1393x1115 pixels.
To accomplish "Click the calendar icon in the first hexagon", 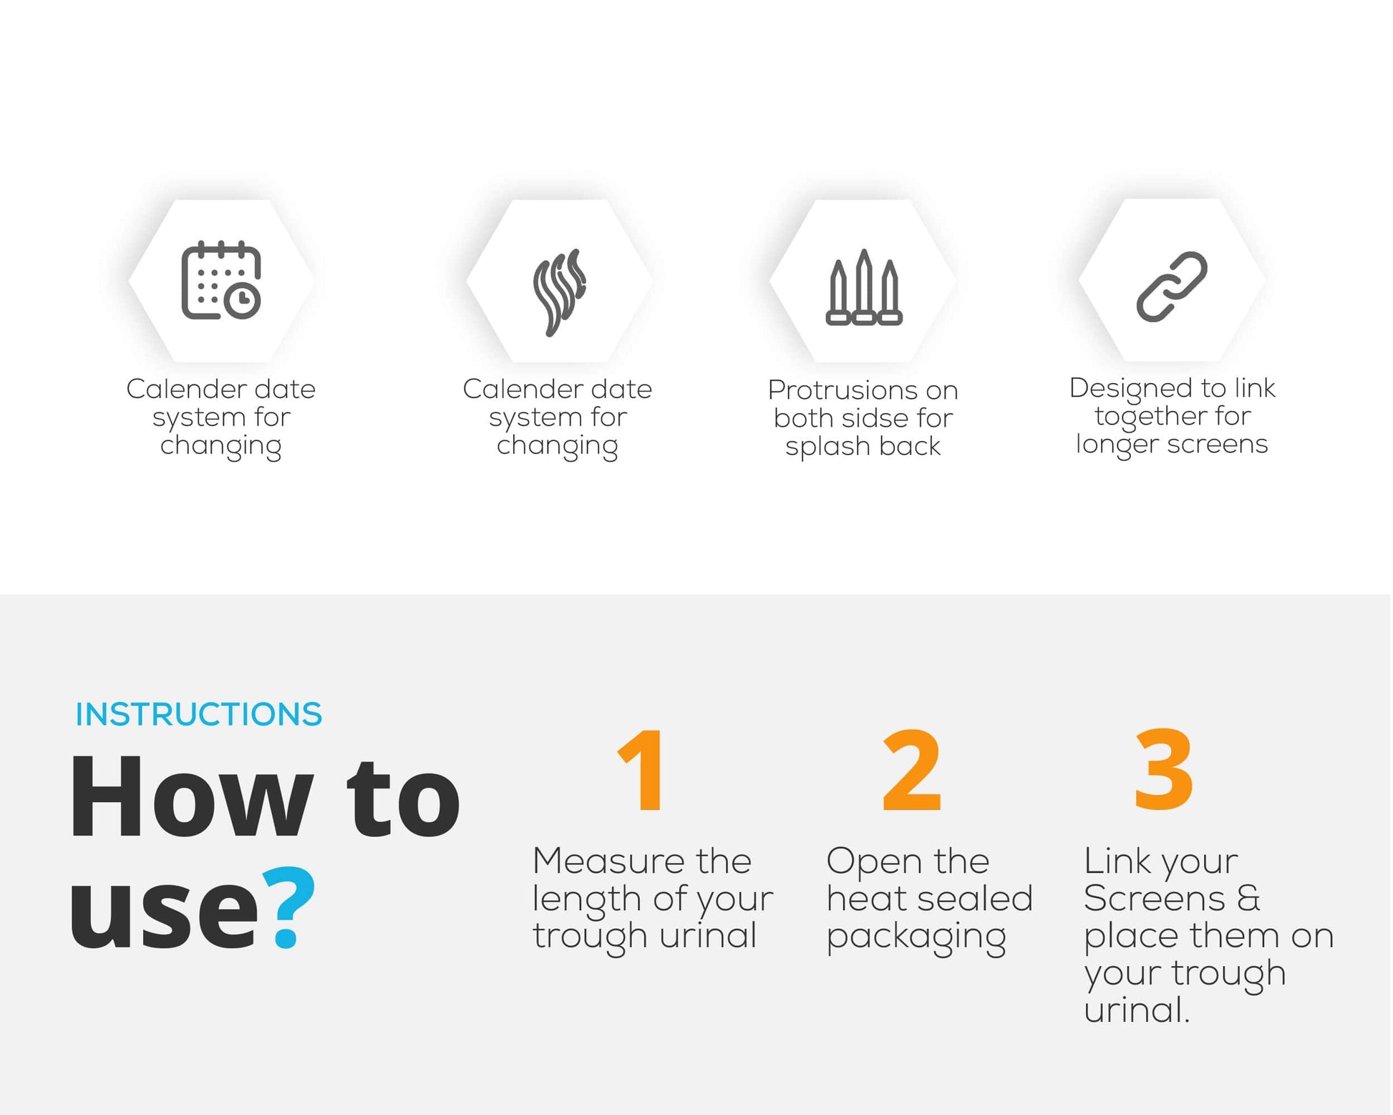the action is [221, 280].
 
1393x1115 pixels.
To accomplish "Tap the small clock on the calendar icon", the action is [243, 300].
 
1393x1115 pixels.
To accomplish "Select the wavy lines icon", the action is [560, 292].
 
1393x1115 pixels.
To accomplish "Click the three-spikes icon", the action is [864, 287].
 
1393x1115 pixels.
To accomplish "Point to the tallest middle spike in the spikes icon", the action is [864, 286].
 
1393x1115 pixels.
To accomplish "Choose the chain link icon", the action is [1172, 286].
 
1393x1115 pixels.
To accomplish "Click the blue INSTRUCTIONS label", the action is [199, 714].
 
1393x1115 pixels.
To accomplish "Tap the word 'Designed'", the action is [1132, 389].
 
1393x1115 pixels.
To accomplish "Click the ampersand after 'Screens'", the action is [1248, 898].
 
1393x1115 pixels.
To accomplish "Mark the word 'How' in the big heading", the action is [192, 796].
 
